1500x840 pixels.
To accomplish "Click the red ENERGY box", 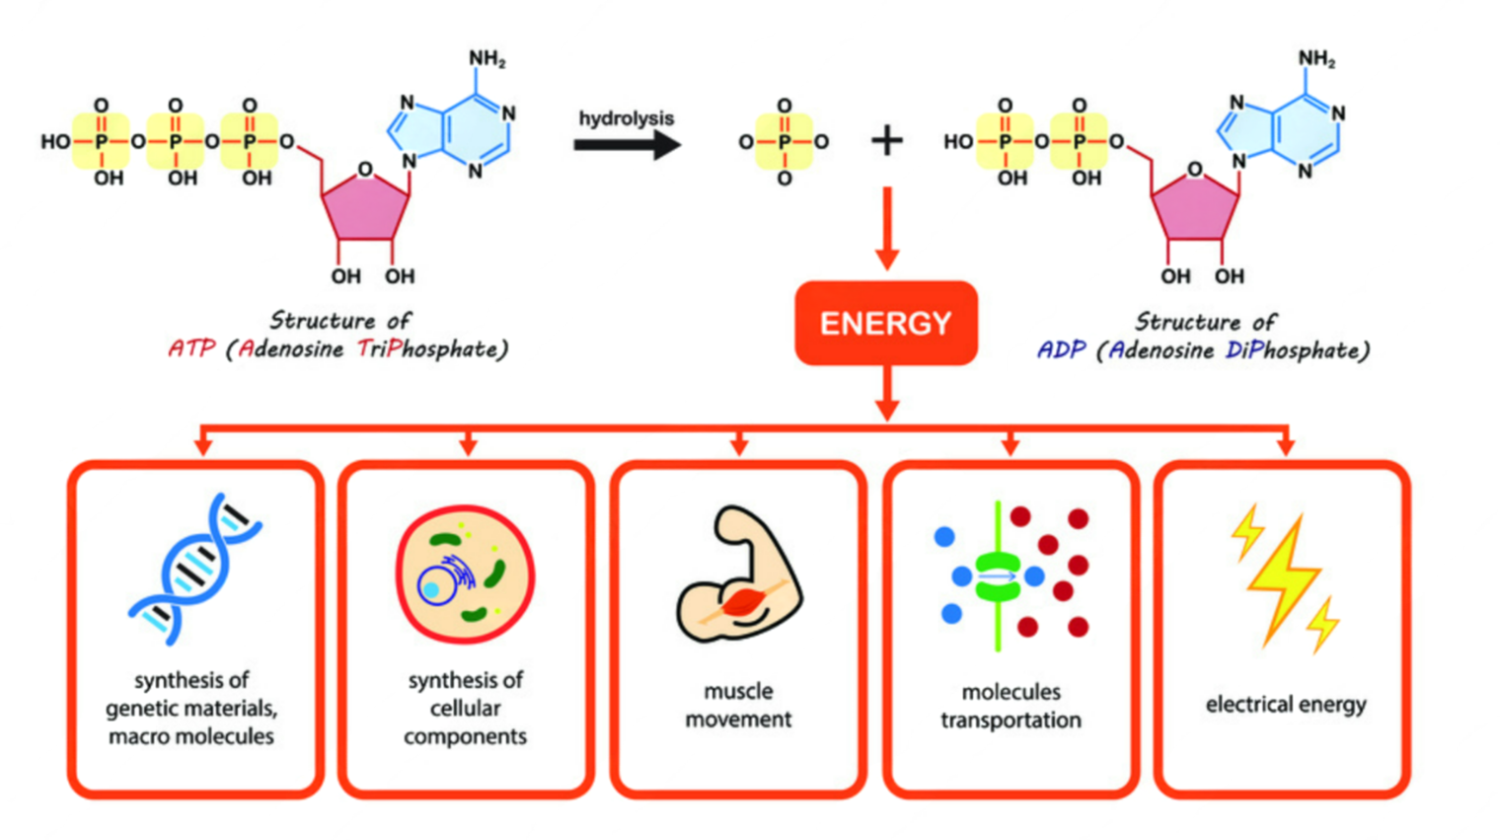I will point(885,323).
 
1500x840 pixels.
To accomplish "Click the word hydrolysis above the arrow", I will point(626,118).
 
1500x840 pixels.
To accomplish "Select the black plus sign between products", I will point(886,141).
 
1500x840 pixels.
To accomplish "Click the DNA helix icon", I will point(195,570).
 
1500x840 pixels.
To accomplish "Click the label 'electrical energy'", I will point(1285,704).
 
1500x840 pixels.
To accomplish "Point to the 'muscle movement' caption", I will point(738,705).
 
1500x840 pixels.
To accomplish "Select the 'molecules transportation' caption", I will point(1011,706).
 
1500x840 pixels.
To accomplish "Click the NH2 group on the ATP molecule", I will point(487,59).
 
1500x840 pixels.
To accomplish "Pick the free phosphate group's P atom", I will point(784,142).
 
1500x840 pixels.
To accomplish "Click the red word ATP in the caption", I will point(190,349).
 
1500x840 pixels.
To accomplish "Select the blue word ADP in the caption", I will point(1061,350).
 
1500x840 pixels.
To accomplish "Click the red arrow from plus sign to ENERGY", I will point(886,228).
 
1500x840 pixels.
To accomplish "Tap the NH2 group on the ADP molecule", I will point(1316,59).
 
